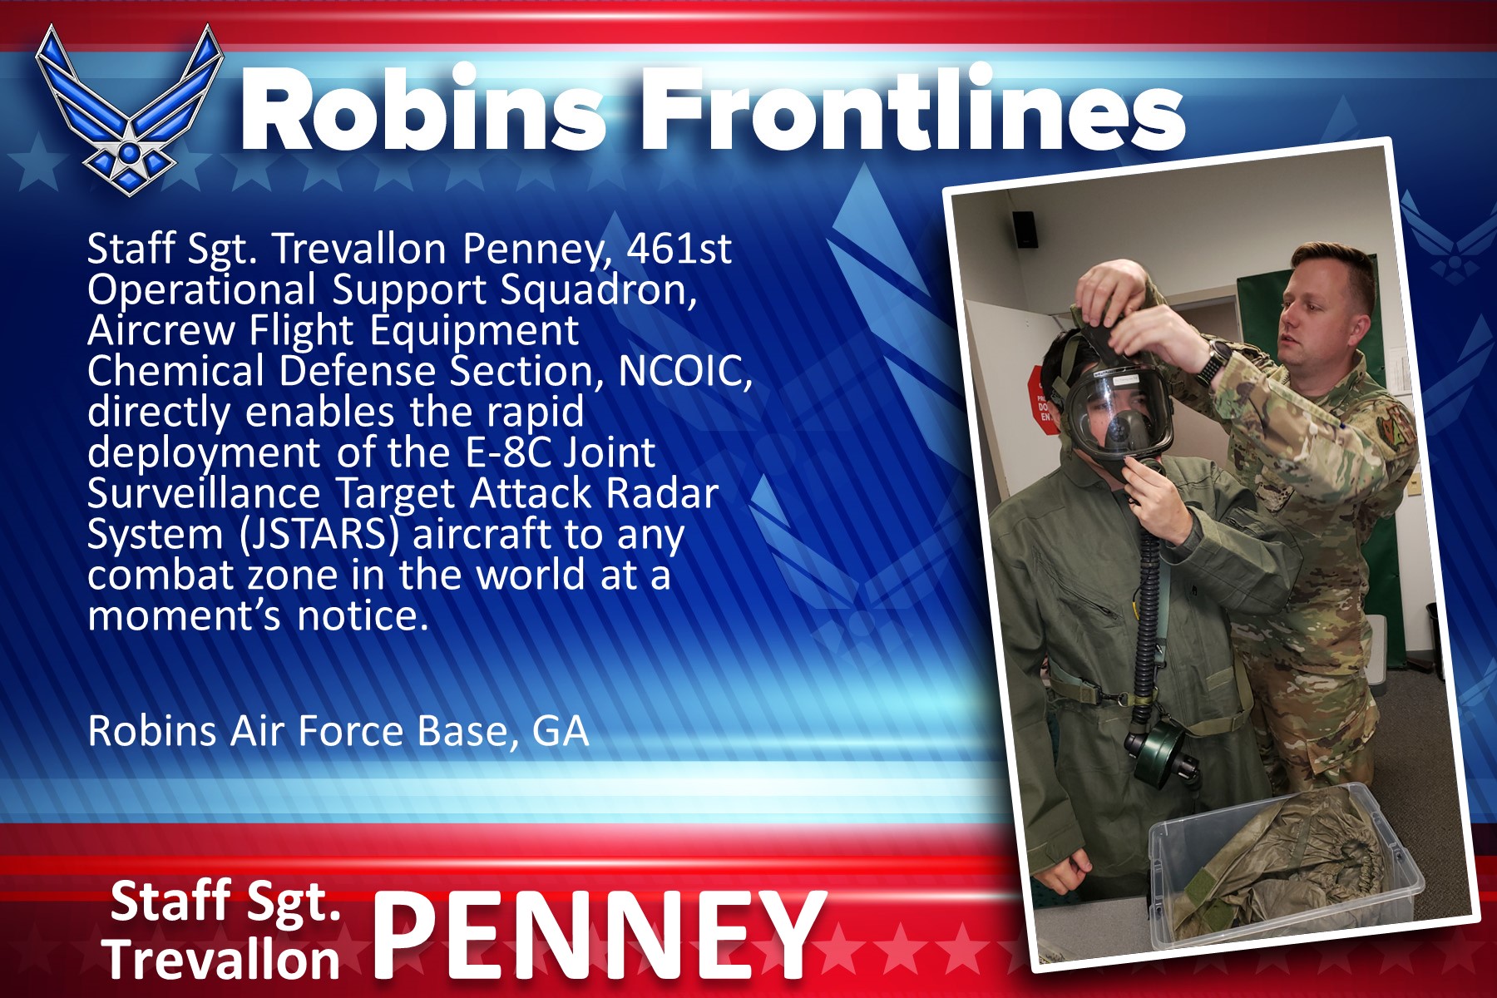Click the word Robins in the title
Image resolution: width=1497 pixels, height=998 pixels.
(423, 109)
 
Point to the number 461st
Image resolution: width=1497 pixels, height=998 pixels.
(679, 248)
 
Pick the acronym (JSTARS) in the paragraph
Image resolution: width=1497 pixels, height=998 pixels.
(319, 535)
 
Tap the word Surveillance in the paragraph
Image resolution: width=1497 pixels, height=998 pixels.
(204, 493)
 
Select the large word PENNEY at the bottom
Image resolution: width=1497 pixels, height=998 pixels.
(598, 935)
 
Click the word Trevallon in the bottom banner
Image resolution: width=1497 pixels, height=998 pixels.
(223, 959)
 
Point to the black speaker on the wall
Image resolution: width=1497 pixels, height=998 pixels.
(1025, 228)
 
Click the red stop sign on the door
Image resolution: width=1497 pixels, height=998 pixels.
(1045, 399)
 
